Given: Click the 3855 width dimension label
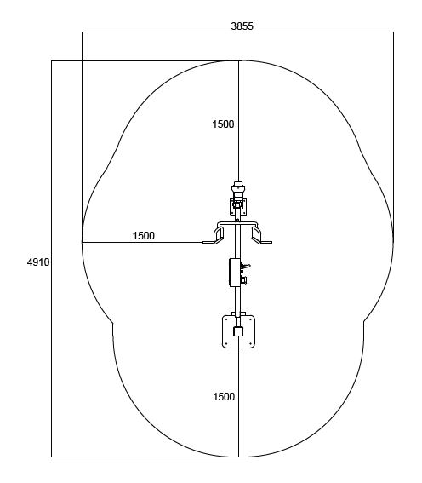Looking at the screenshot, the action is [242, 26].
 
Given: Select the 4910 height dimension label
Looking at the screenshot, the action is [38, 262].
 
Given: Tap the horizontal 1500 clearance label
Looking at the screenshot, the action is [144, 236].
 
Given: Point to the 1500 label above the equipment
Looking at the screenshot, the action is [223, 124].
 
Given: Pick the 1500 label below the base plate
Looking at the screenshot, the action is [224, 397].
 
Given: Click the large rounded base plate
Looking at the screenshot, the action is [238, 331].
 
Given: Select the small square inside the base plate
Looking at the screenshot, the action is [238, 331].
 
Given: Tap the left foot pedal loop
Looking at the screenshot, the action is [219, 235].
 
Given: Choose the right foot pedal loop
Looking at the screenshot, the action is [257, 235].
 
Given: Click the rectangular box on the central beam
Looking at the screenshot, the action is [234, 273].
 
